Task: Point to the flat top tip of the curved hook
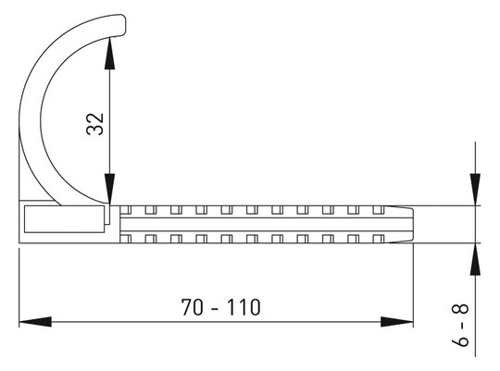point(117,25)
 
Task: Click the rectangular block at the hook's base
point(61,219)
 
